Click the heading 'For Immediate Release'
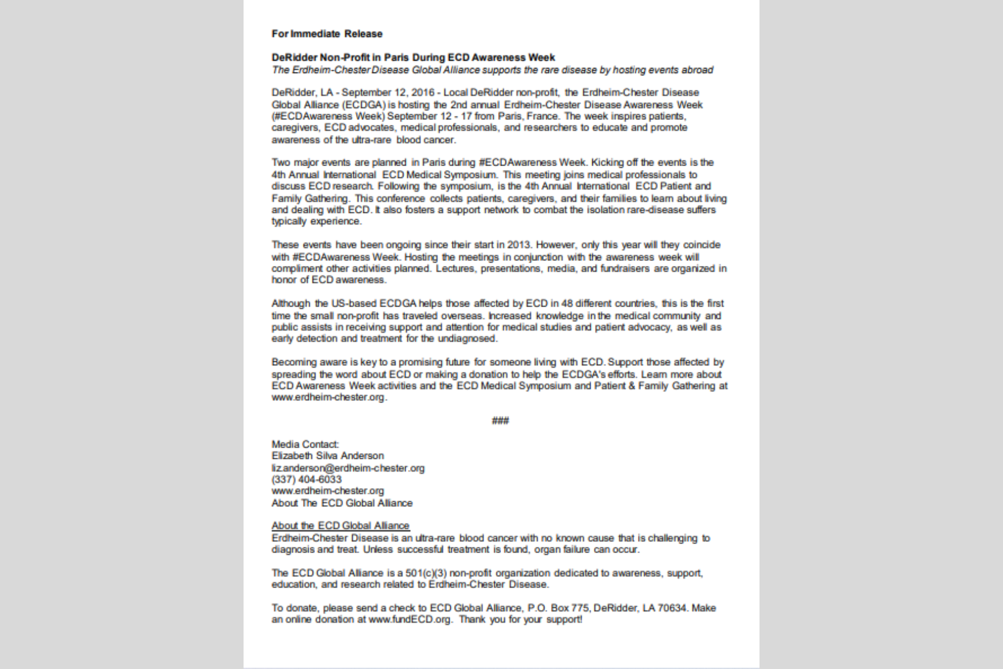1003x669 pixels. click(327, 34)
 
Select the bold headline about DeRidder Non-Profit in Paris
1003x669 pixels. click(413, 57)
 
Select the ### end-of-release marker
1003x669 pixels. click(500, 421)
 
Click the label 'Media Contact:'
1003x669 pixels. click(305, 444)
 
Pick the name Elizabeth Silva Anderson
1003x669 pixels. click(328, 456)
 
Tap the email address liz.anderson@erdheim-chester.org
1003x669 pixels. click(348, 468)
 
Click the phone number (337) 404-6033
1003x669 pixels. click(306, 479)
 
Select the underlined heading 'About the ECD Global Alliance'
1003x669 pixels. click(340, 526)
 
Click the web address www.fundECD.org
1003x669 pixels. click(410, 619)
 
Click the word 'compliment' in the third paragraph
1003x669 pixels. click(297, 269)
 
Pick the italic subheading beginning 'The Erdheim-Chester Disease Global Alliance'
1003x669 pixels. click(492, 70)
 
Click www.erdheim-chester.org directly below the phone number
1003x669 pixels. click(328, 491)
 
